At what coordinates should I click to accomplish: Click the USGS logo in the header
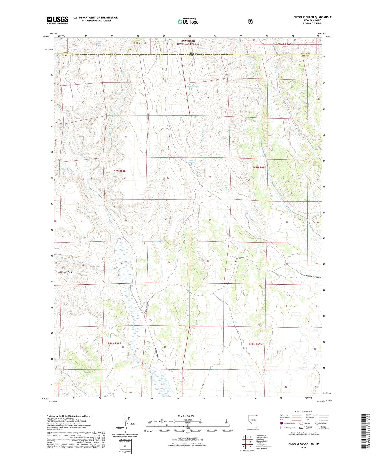[x=57, y=20]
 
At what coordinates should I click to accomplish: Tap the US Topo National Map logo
[x=188, y=21]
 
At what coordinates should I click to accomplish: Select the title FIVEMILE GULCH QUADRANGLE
[x=312, y=17]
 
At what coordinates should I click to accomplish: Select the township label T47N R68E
[x=119, y=171]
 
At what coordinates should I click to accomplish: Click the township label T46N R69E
[x=255, y=344]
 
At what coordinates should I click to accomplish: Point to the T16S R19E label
[x=140, y=43]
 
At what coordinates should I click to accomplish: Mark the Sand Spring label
[x=159, y=241]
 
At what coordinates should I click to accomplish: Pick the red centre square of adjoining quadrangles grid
[x=251, y=442]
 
